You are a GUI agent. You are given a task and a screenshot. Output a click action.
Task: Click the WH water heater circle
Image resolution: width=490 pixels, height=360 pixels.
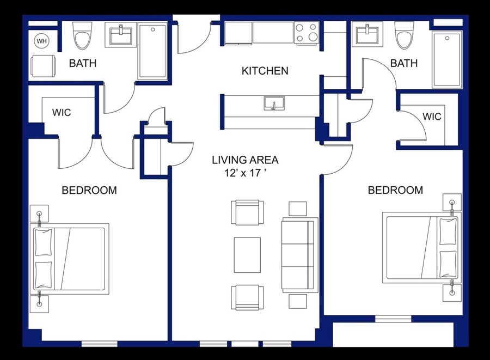tap(41, 41)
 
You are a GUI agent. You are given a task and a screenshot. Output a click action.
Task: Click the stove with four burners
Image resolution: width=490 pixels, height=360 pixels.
tap(307, 33)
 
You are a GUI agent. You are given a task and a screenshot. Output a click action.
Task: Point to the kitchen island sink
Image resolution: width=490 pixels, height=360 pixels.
tap(274, 103)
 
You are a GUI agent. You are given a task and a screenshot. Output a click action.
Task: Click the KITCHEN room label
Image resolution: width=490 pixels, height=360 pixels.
tap(265, 71)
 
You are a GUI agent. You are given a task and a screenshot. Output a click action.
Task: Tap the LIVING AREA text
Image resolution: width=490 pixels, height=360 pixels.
tap(245, 160)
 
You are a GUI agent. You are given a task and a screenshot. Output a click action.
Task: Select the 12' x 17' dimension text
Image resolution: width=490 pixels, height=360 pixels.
tap(246, 173)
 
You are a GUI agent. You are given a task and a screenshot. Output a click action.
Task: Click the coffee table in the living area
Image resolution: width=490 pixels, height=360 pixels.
tap(247, 255)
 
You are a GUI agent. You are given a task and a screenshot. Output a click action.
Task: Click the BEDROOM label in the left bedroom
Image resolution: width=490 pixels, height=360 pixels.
tap(89, 190)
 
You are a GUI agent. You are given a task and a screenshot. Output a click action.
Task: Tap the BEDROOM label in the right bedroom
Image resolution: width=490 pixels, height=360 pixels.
tap(395, 190)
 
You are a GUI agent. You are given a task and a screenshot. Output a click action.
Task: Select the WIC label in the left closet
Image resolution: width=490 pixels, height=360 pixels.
tap(62, 112)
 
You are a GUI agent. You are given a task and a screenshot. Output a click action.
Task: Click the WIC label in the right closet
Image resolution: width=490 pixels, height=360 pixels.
tap(432, 117)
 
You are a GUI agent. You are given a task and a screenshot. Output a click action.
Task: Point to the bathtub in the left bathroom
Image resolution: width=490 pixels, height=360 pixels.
tap(153, 51)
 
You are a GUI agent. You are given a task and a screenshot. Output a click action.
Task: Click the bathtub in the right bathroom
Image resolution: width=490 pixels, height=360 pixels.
tap(447, 60)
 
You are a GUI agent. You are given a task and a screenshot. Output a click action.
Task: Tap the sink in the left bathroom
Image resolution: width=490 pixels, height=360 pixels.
tap(120, 35)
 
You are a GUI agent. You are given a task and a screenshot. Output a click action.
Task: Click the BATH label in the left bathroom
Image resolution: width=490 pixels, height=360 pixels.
tap(83, 63)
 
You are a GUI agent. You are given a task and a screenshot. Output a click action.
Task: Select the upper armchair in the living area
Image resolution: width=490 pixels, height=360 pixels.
tap(247, 212)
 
